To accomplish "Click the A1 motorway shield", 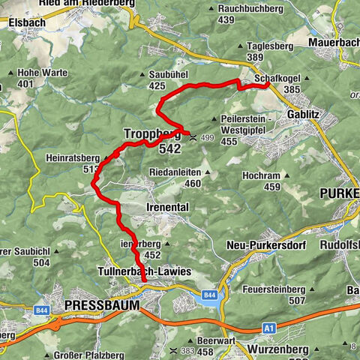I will [269, 328].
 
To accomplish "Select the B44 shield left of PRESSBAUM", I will [42, 308].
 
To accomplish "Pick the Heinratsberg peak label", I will [73, 163].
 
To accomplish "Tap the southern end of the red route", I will [143, 280].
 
